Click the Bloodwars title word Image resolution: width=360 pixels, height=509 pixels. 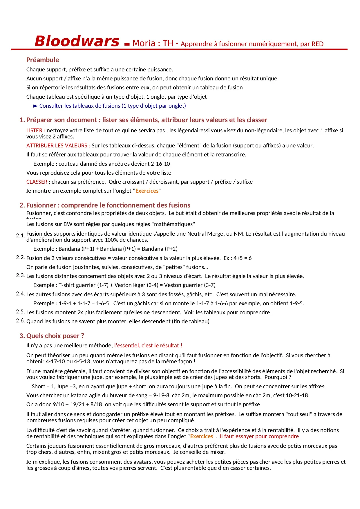(x=77, y=41)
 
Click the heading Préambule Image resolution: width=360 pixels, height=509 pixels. (x=43, y=60)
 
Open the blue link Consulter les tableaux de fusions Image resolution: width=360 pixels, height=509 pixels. (x=113, y=106)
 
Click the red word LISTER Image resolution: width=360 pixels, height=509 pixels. (x=35, y=131)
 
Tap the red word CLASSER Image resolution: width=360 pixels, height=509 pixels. (x=37, y=182)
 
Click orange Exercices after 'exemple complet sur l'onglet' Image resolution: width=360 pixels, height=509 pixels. (x=147, y=191)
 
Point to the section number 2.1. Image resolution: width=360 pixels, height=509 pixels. (x=20, y=236)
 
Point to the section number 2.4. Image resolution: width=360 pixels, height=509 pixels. (x=20, y=294)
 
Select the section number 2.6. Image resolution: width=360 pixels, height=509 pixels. (x=20, y=321)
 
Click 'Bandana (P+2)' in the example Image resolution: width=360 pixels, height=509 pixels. (x=160, y=249)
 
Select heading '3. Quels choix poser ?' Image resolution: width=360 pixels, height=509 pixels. (x=52, y=336)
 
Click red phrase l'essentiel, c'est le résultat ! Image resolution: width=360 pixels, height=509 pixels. (x=148, y=346)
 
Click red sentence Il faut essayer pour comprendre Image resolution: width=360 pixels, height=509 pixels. (x=259, y=436)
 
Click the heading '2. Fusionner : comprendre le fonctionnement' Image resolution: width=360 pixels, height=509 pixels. (x=105, y=205)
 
